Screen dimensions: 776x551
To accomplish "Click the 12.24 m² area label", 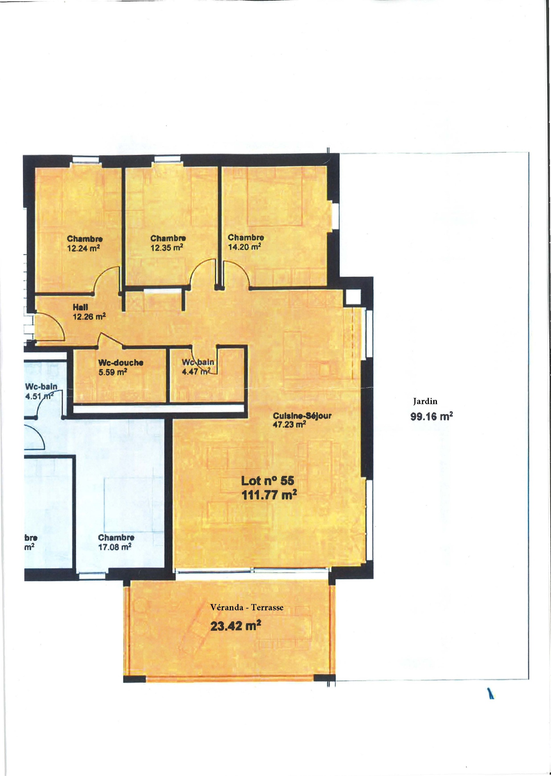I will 83,248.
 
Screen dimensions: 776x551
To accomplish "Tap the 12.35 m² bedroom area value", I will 167,248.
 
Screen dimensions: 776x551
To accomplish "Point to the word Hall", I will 80,307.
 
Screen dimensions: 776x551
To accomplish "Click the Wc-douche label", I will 120,363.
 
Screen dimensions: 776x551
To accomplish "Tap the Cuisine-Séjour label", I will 302,416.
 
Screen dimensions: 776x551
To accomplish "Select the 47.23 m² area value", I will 289,424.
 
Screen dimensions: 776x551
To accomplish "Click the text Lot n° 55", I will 267,480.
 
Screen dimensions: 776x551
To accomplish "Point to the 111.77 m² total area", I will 269,495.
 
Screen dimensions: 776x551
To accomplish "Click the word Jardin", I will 425,402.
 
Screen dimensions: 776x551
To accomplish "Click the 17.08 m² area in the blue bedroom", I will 114,547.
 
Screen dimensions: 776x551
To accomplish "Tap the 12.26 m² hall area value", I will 89,317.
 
